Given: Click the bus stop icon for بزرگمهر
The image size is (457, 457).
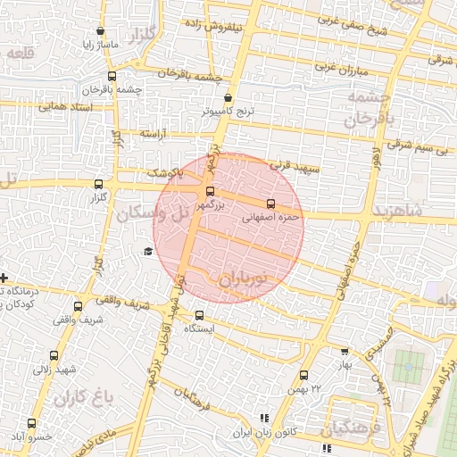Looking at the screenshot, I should [211, 190].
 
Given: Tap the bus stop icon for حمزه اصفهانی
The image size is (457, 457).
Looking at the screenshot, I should [270, 204].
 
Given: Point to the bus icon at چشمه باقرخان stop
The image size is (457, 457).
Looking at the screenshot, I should [112, 77].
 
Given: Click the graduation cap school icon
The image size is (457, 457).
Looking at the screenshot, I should [148, 253].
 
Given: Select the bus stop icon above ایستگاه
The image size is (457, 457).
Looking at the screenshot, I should [199, 314].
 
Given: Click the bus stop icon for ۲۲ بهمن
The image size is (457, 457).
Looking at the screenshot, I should [303, 375].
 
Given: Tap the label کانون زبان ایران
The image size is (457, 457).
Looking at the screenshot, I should [262, 431].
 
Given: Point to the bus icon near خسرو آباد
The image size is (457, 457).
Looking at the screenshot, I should [31, 423].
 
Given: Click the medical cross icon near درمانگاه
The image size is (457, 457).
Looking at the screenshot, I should [4, 278].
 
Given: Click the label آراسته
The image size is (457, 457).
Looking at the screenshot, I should [154, 133].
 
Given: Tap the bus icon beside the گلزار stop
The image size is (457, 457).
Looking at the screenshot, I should [98, 184].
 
